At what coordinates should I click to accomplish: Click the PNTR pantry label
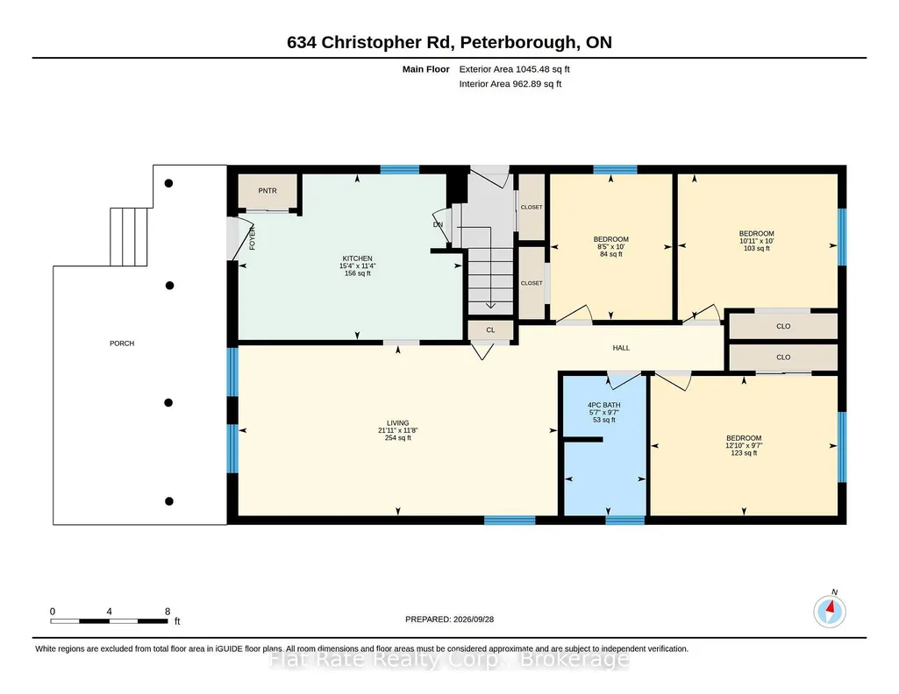(268, 191)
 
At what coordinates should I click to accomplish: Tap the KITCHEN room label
(357, 258)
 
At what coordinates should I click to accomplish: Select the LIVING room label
(397, 423)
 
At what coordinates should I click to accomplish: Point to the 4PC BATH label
(603, 405)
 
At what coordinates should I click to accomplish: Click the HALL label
(621, 348)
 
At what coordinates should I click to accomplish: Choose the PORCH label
(122, 343)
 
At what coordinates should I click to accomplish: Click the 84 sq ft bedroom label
(610, 239)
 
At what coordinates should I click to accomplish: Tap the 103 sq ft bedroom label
(756, 234)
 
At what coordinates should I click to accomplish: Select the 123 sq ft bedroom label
(744, 438)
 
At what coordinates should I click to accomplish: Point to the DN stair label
(438, 224)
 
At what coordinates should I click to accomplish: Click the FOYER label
(252, 238)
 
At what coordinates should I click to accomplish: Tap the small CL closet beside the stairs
(490, 329)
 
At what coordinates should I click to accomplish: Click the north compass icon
(830, 612)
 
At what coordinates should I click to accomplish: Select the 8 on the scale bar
(168, 612)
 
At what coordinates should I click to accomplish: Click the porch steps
(128, 237)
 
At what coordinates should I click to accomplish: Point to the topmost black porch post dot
(168, 183)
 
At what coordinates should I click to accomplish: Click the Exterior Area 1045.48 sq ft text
(514, 69)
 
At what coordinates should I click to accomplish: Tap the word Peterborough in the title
(518, 42)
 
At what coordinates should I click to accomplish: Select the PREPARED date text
(449, 619)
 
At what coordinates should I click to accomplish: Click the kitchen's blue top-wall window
(400, 169)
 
